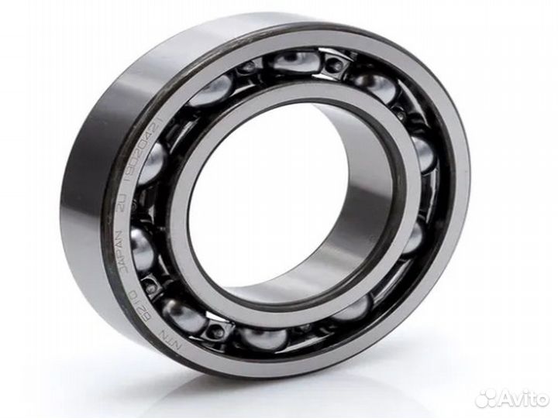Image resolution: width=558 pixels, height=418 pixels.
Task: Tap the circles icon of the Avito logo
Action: coord(487,398)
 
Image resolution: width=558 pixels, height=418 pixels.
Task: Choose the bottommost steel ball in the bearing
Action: coord(260,338)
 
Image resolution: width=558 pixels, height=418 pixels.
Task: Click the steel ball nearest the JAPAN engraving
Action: coord(143,248)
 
